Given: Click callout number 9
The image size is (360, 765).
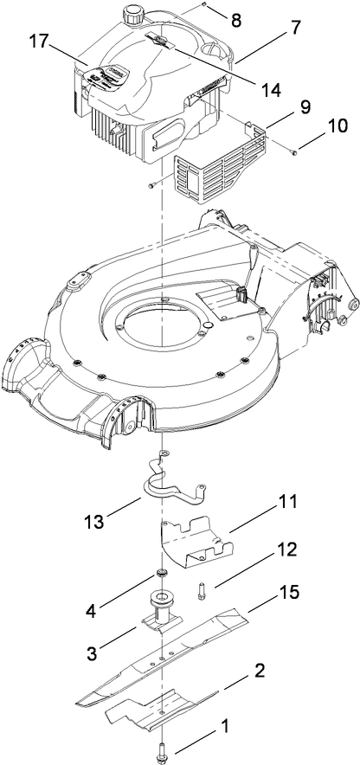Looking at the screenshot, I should point(280,111).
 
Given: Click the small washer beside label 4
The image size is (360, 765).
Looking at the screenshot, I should point(161,575).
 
